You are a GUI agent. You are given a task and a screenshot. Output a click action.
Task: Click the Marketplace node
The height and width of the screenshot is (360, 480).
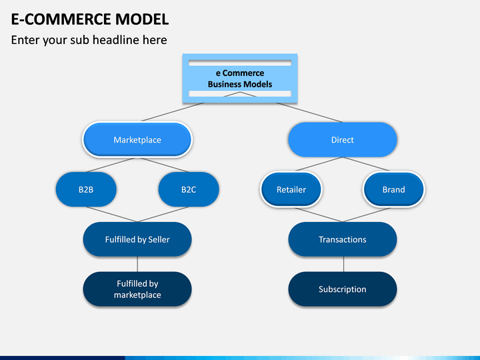click(137, 139)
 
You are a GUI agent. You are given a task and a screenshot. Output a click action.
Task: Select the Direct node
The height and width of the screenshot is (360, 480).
click(343, 139)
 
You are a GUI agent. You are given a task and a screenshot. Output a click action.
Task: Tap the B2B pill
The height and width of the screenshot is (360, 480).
click(86, 189)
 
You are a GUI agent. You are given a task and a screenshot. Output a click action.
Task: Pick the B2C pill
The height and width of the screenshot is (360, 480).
click(189, 189)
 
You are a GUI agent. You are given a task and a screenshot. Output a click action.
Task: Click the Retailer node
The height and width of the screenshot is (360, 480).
click(291, 189)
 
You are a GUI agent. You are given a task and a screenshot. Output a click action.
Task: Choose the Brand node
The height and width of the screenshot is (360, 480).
click(394, 189)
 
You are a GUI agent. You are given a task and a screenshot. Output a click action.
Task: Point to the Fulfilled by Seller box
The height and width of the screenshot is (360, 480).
click(137, 239)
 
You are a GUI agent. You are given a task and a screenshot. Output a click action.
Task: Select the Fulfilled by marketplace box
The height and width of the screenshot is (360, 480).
click(137, 289)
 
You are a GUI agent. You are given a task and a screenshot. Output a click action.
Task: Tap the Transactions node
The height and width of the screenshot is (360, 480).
click(343, 239)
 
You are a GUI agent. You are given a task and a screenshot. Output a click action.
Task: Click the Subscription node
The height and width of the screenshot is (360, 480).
click(343, 289)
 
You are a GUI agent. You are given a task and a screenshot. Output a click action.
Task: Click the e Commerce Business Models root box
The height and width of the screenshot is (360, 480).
click(240, 79)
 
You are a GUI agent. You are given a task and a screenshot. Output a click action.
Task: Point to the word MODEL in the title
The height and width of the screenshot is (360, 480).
click(142, 19)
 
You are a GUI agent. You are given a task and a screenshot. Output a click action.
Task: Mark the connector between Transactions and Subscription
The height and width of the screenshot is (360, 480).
click(343, 264)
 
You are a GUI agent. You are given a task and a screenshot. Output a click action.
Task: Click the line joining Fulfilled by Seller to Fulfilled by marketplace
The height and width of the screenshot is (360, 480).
click(137, 264)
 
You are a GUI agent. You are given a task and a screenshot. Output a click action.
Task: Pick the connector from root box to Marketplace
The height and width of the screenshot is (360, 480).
click(173, 112)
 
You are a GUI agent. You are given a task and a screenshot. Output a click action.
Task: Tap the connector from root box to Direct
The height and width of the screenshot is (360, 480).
click(309, 113)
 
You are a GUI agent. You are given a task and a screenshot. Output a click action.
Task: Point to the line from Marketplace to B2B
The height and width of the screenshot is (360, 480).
click(110, 165)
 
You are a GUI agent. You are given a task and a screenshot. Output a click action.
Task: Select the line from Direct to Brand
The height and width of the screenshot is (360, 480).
click(366, 164)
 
